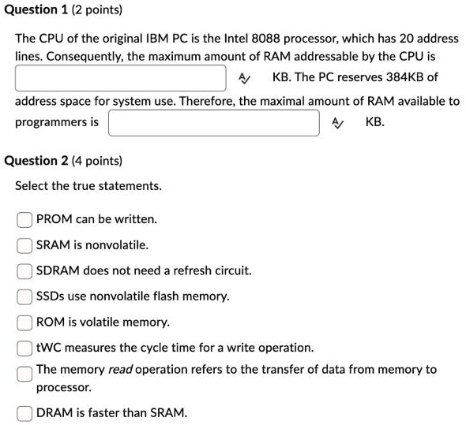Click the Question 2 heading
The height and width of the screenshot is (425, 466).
(x=63, y=161)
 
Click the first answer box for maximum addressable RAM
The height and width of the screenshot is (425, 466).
(x=121, y=78)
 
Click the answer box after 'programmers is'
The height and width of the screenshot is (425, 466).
(x=213, y=123)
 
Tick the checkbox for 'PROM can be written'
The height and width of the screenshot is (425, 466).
(x=25, y=219)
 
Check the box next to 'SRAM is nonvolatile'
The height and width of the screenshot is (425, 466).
(x=25, y=245)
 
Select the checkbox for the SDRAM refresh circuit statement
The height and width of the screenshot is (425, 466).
(x=25, y=271)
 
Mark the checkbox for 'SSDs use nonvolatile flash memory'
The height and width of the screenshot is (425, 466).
(x=25, y=297)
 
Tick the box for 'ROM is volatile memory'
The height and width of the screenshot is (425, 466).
(x=25, y=322)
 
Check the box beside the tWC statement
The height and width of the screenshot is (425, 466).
(x=25, y=348)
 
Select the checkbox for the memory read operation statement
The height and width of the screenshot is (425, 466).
(x=25, y=372)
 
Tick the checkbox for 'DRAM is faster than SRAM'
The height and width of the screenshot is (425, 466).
(x=25, y=412)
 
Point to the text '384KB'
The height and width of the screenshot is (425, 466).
(x=402, y=78)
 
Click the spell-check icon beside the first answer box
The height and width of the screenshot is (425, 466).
(x=244, y=78)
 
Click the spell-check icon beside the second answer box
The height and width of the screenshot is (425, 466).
(x=337, y=123)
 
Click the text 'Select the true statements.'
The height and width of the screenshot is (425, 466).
(x=88, y=186)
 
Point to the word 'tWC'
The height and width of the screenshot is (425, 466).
(x=48, y=348)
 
